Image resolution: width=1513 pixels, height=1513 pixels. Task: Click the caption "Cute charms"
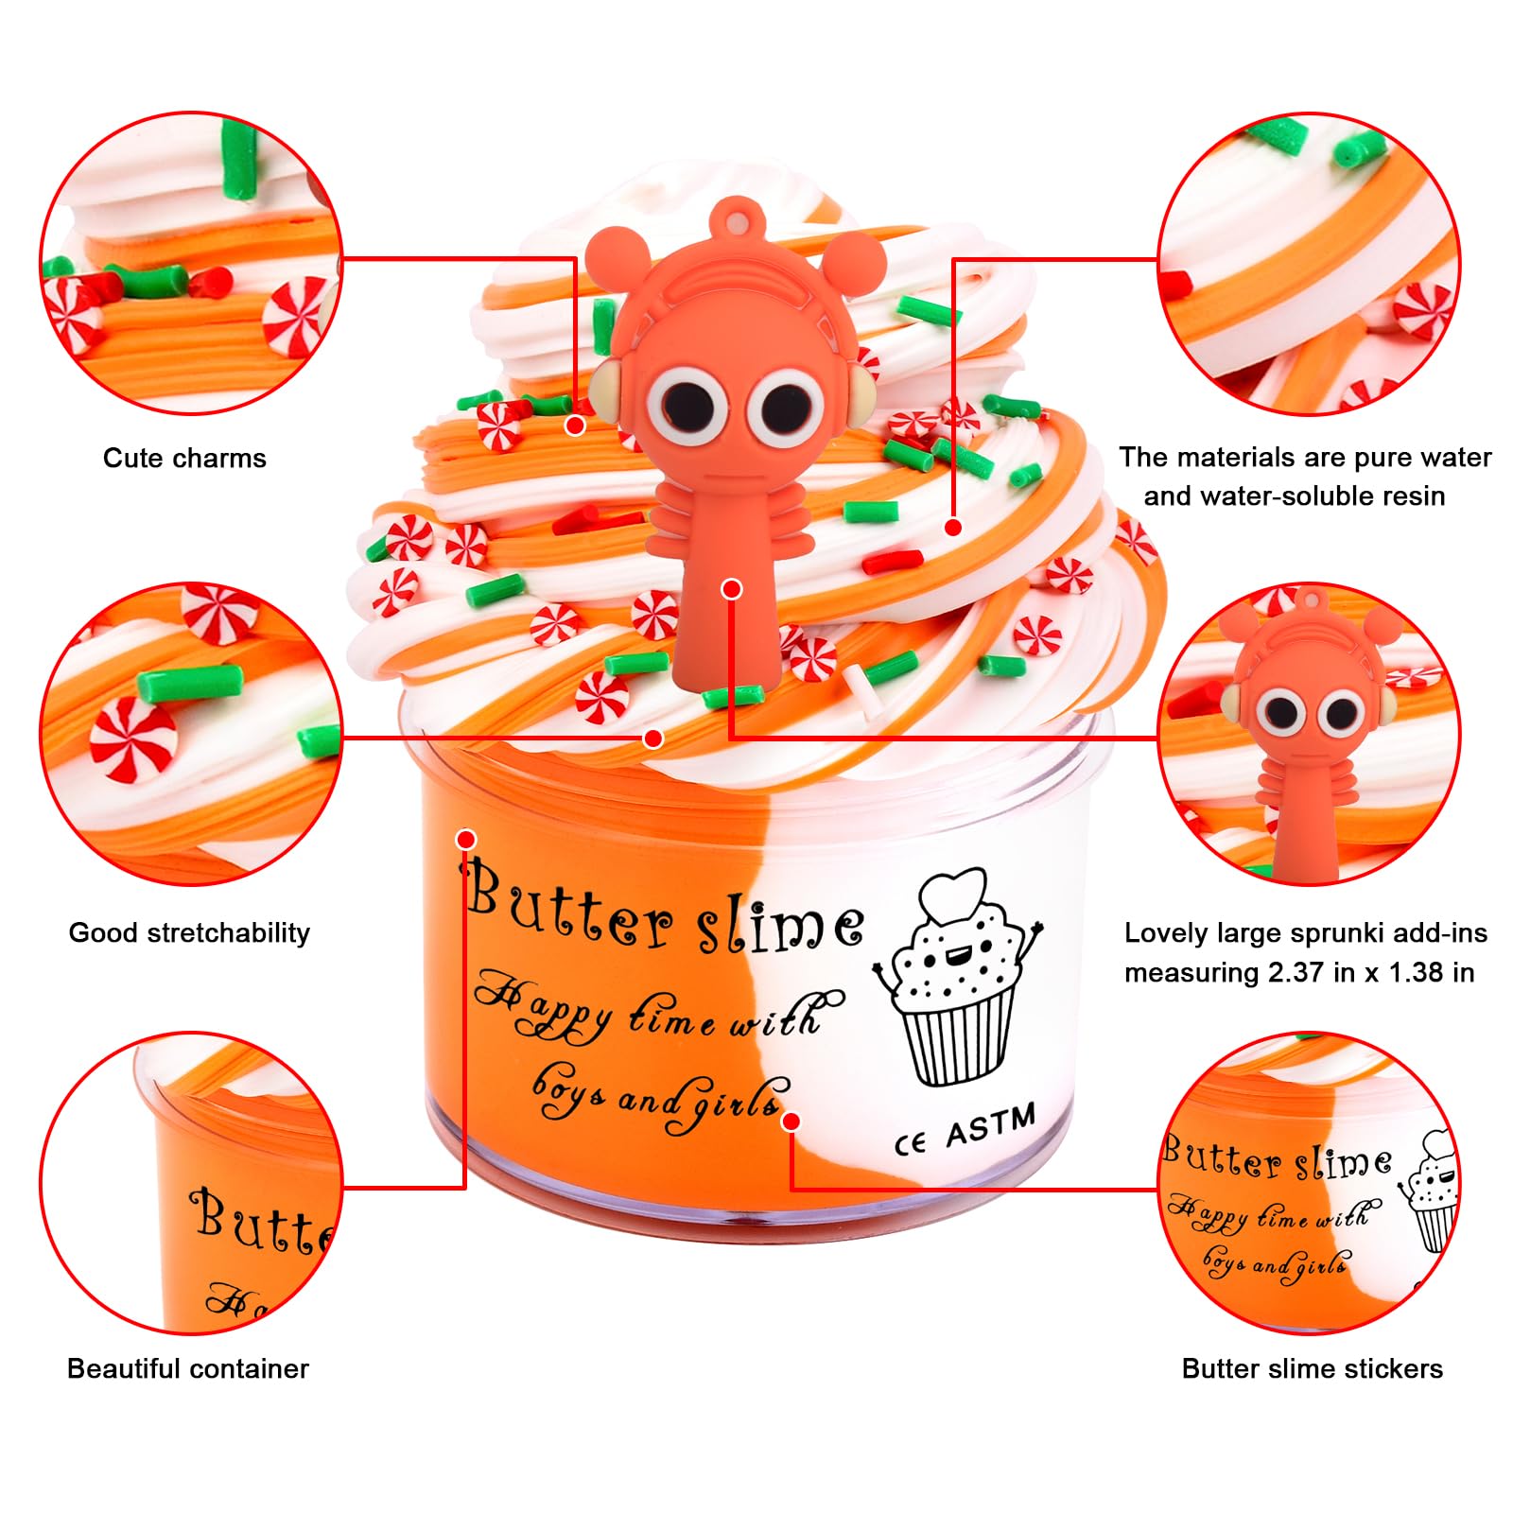coord(184,459)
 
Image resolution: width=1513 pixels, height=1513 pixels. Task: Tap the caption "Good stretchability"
coord(189,933)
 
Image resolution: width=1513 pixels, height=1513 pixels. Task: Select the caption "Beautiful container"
coord(188,1368)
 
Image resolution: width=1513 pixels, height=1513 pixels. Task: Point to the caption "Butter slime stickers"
coord(1312,1368)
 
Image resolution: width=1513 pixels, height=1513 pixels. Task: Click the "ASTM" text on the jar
coord(990,1125)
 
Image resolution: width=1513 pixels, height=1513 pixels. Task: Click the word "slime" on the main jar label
coord(780,922)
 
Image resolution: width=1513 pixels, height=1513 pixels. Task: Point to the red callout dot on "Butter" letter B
coord(465,839)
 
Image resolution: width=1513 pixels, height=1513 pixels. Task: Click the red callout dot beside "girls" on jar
coord(791,1121)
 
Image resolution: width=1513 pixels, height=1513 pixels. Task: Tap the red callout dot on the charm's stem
coord(731,589)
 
